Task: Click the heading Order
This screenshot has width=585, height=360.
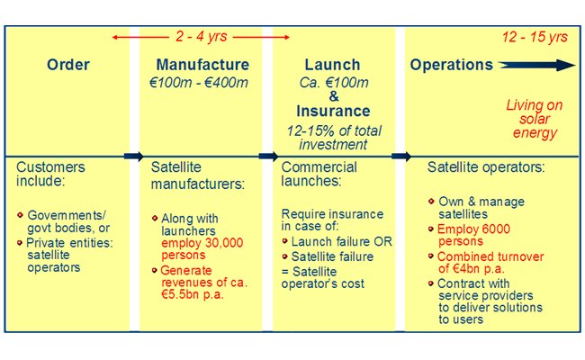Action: click(x=68, y=65)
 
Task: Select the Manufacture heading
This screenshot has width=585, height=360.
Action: click(x=202, y=65)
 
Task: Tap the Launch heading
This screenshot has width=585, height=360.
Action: click(x=332, y=65)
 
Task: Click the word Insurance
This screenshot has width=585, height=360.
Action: click(x=333, y=111)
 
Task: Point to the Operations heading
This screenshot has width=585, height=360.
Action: click(x=452, y=65)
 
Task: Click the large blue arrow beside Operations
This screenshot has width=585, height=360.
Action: click(x=537, y=65)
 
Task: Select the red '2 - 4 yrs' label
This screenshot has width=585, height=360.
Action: click(x=202, y=37)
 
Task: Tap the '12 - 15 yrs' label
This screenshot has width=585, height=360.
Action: click(x=535, y=37)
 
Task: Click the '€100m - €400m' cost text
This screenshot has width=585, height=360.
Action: click(x=199, y=83)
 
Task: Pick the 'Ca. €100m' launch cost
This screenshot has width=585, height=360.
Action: click(x=334, y=83)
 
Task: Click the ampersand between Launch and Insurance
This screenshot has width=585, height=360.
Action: click(x=334, y=96)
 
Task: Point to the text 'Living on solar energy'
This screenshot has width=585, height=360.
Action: click(x=535, y=119)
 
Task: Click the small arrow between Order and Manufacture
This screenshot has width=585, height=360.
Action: click(x=133, y=156)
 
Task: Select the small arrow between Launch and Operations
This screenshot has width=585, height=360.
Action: click(x=401, y=156)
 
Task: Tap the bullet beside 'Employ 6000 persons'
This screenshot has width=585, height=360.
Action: click(x=431, y=229)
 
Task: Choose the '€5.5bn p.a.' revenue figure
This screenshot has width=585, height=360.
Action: click(x=193, y=294)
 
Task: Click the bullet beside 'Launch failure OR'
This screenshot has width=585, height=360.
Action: click(x=285, y=241)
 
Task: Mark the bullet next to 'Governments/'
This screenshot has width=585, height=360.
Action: click(x=20, y=215)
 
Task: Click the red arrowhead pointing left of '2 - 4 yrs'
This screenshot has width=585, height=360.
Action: click(x=115, y=37)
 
